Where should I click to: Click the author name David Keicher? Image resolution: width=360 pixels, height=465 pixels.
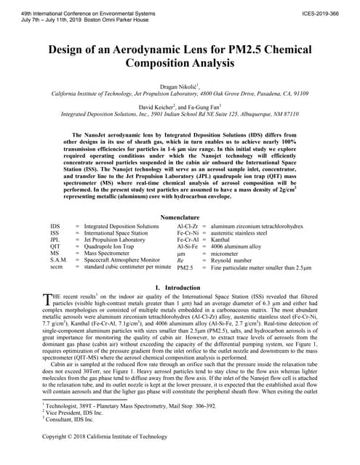164,106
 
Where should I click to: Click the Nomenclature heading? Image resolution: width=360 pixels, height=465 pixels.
180,217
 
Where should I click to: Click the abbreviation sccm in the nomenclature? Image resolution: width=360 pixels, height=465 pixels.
57,267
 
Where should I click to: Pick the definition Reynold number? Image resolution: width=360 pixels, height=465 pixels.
236,260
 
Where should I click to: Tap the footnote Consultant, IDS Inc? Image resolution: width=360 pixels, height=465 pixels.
70,419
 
